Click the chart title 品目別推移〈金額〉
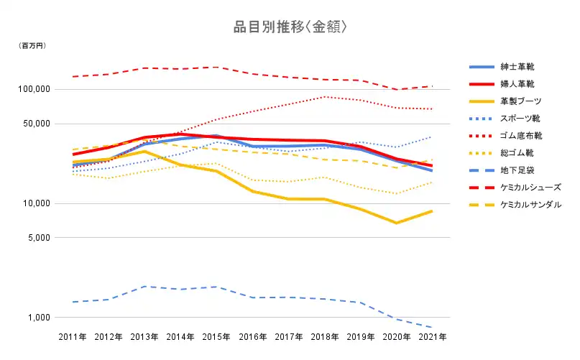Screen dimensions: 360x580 pyautogui.click(x=290, y=27)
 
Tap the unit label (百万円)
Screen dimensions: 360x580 pyautogui.click(x=32, y=46)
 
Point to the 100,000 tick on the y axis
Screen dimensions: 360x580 pyautogui.click(x=33, y=89)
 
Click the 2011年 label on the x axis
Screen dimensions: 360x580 pyautogui.click(x=73, y=336)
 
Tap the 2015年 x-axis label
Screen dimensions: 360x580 pyautogui.click(x=216, y=336)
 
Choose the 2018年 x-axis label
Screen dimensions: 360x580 pyautogui.click(x=324, y=336)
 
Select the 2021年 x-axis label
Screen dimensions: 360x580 pyautogui.click(x=432, y=336)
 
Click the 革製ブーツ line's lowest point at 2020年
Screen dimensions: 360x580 pyautogui.click(x=396, y=223)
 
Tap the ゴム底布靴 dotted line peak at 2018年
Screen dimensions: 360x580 pyautogui.click(x=324, y=96)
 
